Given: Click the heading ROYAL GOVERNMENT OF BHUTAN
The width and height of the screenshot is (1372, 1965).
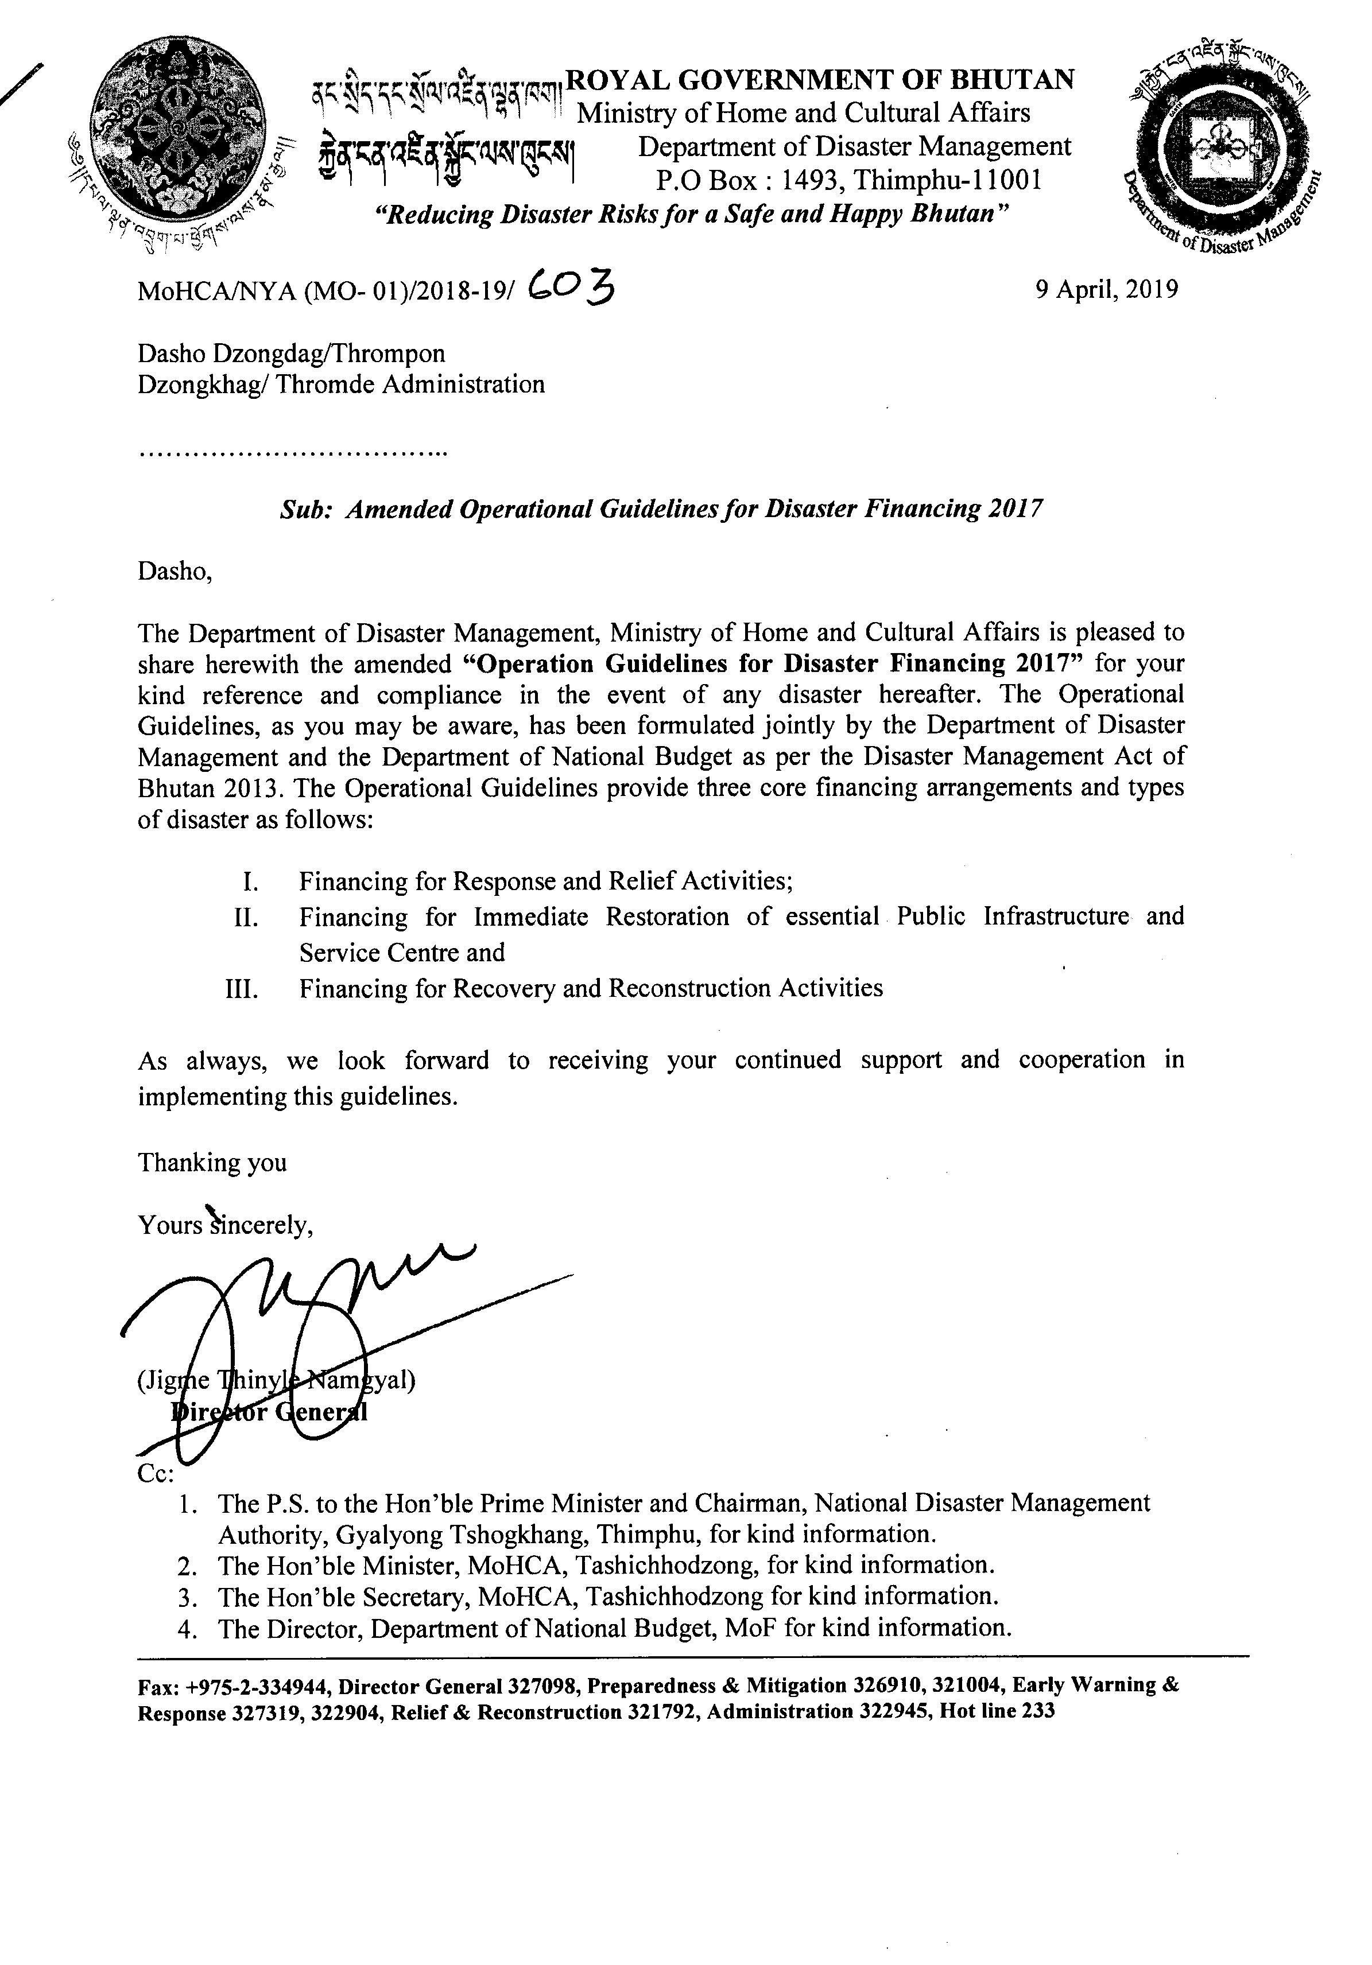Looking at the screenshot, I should click(820, 80).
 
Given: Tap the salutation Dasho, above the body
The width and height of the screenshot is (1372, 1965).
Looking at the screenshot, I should click(175, 571).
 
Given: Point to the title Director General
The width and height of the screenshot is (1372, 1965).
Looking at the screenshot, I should click(270, 1411).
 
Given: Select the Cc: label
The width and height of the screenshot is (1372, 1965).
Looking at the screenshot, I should click(156, 1474).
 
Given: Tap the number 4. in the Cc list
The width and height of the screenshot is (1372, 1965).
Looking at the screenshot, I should click(188, 1628).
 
